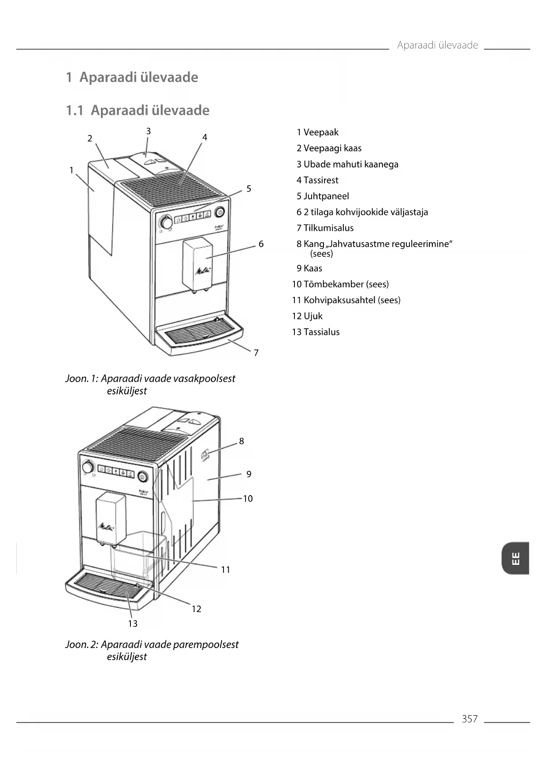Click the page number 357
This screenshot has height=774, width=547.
click(469, 719)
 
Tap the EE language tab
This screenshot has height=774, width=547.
click(515, 558)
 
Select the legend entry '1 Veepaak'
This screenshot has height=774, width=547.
click(317, 132)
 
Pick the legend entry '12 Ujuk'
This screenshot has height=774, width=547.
click(307, 316)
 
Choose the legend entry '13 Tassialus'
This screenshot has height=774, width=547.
click(316, 332)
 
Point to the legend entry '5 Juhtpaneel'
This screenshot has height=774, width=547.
click(323, 196)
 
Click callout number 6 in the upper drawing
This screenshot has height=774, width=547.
click(261, 244)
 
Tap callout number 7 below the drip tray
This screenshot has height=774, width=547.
click(256, 353)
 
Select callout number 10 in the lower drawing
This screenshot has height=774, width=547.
click(248, 499)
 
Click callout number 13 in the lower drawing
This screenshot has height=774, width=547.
click(133, 624)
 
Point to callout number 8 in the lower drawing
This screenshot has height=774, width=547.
click(242, 441)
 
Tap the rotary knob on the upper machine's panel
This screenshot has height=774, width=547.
click(166, 222)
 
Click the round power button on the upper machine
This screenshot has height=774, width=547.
click(220, 212)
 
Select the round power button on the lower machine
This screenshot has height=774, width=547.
click(143, 477)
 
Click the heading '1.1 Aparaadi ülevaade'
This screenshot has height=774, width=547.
click(138, 110)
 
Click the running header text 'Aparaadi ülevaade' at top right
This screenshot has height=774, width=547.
click(437, 45)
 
